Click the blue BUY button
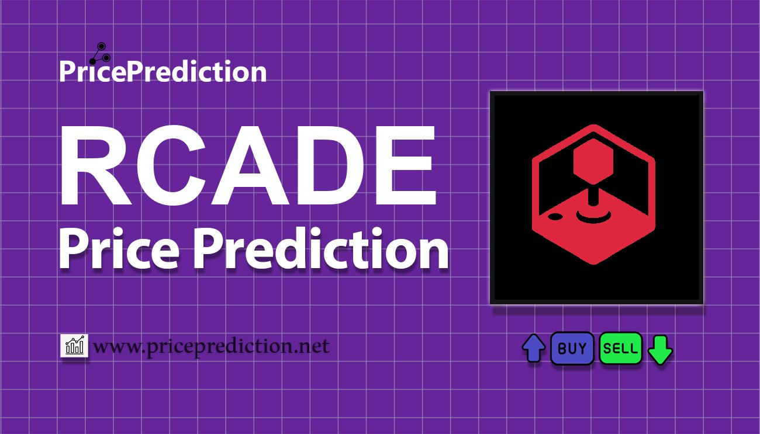(572, 348)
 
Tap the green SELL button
(620, 348)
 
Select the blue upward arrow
(534, 348)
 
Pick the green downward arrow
(660, 350)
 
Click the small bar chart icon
(74, 345)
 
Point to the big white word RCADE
(248, 165)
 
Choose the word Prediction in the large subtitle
(321, 248)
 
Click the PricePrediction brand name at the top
(163, 71)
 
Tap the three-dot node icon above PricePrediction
(100, 53)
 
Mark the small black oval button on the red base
(555, 216)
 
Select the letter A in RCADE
(250, 165)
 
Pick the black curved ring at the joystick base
(593, 218)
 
